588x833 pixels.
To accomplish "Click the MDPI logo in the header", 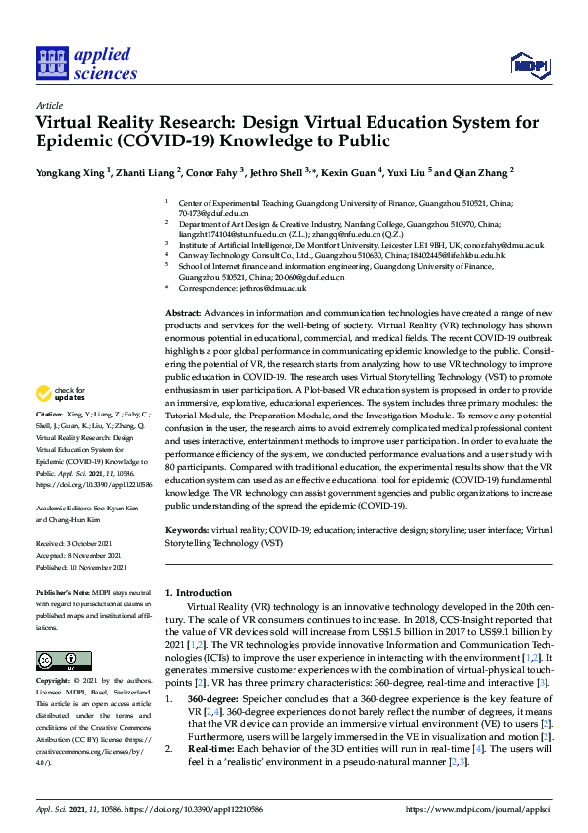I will pos(529,66).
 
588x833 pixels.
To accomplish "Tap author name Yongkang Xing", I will pos(68,171).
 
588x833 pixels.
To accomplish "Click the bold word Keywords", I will pos(186,530).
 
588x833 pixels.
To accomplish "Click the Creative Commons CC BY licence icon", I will pos(57,660).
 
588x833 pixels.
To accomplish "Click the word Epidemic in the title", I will pos(80,142).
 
